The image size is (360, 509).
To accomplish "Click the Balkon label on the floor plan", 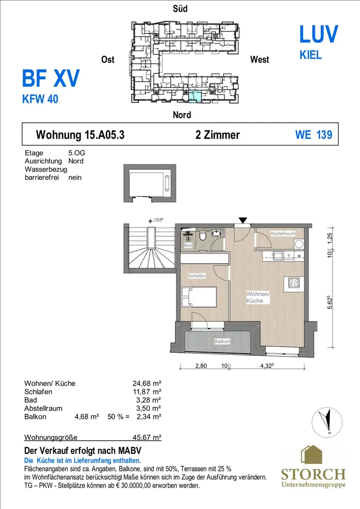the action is tap(222, 342).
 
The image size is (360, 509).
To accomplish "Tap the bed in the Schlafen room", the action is tap(199, 297).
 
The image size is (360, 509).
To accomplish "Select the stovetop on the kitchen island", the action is tap(294, 283).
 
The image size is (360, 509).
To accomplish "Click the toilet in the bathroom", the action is tap(203, 235).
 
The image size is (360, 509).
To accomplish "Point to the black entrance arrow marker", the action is tap(243, 220).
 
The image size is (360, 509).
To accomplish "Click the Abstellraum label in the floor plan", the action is tap(283, 234).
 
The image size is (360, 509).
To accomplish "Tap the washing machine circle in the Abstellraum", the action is tap(299, 243).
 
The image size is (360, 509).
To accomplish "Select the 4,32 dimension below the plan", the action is tap(267, 365).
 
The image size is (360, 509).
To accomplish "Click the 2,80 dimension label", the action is tap(201, 366).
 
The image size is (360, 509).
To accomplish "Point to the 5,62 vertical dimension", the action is tap(330, 302).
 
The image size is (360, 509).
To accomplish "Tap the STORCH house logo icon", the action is tap(311, 455).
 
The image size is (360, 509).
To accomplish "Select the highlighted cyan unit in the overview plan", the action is tap(195, 97).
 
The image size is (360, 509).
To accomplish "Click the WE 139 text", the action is tap(314, 135).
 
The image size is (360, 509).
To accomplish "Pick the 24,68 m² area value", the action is tap(147, 383).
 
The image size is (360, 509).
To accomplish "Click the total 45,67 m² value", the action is tap(147, 437).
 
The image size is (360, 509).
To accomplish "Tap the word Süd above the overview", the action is tap(180, 9).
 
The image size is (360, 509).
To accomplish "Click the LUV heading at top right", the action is tap(319, 34).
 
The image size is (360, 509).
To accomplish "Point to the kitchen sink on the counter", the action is tap(278, 256).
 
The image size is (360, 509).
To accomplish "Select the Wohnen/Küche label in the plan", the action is tap(258, 297).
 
